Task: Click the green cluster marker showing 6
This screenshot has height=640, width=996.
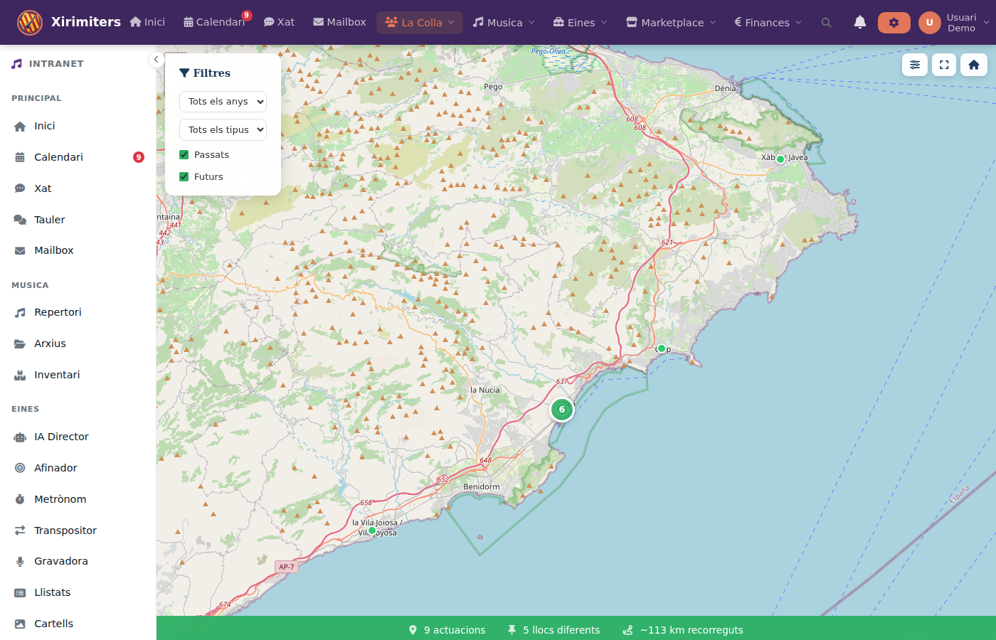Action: coord(561,410)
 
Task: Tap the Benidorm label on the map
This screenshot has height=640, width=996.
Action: coord(481,487)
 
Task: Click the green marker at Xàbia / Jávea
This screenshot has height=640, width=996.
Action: coord(780,159)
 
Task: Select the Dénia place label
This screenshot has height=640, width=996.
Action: coord(725,88)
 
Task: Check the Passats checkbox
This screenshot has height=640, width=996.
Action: coord(184,155)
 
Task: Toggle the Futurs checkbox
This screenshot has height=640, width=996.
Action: coord(184,177)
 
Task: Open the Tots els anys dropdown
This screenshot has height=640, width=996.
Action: coord(223,102)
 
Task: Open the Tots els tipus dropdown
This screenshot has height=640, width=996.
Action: coord(223,130)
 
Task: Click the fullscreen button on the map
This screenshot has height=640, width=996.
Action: coord(944,65)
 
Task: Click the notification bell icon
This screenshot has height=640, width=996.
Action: coord(859,23)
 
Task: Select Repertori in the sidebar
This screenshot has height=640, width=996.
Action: coord(58,312)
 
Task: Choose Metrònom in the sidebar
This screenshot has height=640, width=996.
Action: coord(60,499)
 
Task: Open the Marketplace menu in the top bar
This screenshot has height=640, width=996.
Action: coord(671,23)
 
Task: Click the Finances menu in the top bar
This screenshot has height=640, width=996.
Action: coord(767,23)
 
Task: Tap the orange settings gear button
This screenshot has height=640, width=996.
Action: coord(894,23)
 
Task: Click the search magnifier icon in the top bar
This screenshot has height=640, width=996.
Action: coord(826,23)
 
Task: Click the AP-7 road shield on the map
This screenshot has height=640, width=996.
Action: coord(286,567)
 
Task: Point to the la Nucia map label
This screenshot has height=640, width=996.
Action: coord(485,390)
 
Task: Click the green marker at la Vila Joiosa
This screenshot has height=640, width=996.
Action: coord(372,530)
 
